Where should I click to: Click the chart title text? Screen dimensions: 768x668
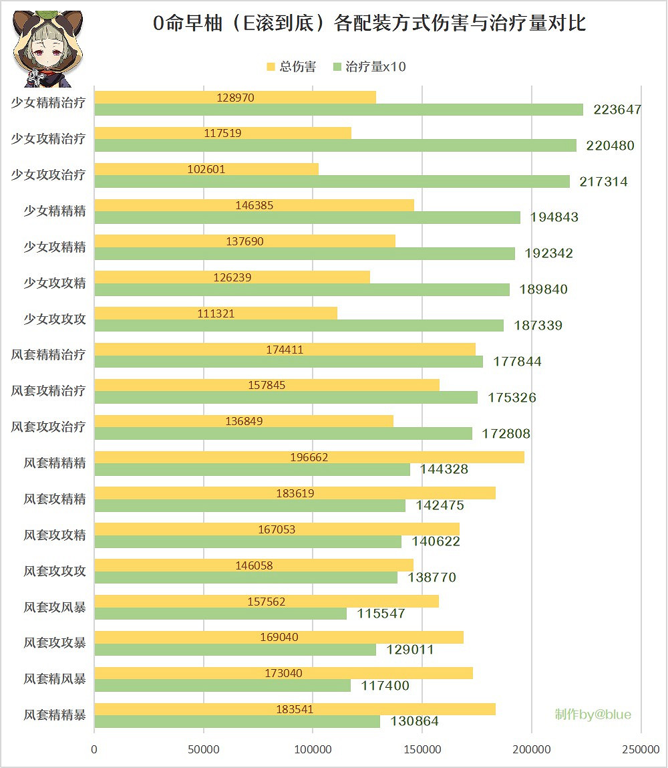(x=369, y=25)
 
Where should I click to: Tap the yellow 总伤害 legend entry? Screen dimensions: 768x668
(x=291, y=67)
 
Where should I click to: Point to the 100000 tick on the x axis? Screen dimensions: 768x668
(x=313, y=750)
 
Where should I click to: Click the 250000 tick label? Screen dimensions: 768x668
(x=640, y=750)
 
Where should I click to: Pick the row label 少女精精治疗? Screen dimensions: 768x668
(x=48, y=103)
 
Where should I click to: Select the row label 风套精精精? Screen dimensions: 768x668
(x=55, y=463)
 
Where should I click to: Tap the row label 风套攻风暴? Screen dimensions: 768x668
(x=55, y=607)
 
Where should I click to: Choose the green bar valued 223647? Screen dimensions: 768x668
(x=338, y=110)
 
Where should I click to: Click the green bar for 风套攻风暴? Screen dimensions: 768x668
(x=220, y=614)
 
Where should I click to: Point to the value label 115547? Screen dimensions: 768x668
(x=381, y=614)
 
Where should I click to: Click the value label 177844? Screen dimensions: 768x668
(x=518, y=362)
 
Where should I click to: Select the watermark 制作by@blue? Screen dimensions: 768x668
(x=593, y=715)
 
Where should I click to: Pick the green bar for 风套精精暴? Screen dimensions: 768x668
(x=237, y=722)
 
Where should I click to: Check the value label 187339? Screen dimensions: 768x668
(x=538, y=326)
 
